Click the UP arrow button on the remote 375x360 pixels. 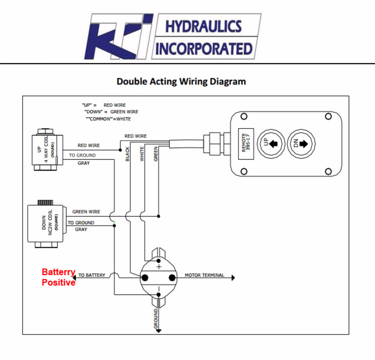271,144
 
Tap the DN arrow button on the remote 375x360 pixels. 301,144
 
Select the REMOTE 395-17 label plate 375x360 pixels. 246,144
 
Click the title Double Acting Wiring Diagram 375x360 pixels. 181,82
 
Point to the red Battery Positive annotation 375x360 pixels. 59,277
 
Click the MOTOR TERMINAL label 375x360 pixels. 204,275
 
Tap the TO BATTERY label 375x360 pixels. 92,275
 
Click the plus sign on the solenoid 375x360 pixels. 159,267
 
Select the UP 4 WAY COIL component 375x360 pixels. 48,150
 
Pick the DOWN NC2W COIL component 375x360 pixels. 46,224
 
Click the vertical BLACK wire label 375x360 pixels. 127,154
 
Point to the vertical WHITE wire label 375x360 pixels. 142,154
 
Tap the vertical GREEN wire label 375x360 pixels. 156,154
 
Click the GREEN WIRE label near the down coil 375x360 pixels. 86,212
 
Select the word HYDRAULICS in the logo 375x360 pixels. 203,26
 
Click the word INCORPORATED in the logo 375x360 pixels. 204,49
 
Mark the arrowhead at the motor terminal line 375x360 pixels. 234,278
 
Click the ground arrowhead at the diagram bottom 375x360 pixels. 158,331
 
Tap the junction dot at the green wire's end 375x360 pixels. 158,217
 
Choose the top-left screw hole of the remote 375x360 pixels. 244,116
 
